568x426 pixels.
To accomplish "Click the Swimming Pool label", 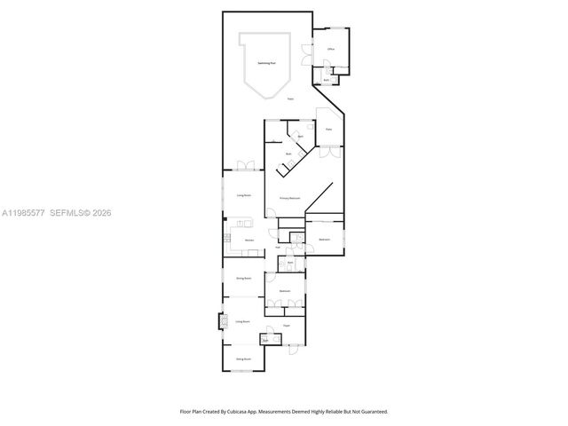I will click(265, 63).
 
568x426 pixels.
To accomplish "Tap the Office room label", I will click(330, 49).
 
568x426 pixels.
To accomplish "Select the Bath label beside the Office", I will click(327, 81).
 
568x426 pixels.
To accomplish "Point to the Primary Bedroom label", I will click(290, 198).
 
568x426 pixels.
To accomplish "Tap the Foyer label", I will click(287, 327).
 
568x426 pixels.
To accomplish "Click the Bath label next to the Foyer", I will click(265, 340).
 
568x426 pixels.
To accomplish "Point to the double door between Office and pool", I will click(308, 51).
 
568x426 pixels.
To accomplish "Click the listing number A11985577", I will click(24, 213).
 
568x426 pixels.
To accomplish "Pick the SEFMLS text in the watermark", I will click(67, 213).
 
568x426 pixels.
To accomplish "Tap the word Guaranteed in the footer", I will click(370, 412).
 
